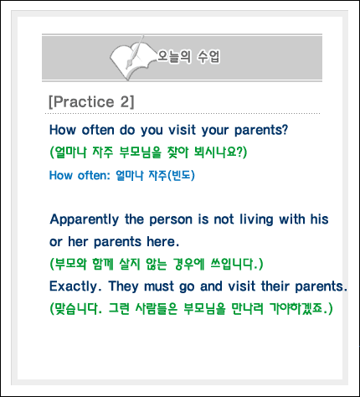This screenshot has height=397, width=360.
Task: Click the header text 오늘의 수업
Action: pos(188,57)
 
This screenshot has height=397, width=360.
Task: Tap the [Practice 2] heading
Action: pos(91,102)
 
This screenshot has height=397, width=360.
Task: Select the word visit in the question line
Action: pos(182,130)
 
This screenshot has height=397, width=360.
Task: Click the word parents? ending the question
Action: pos(261,131)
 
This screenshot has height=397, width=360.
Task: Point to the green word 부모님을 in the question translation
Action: pos(141,152)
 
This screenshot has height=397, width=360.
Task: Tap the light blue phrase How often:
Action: pos(80,176)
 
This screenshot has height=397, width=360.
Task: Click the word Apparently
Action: pos(85,220)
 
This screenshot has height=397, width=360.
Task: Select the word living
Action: pos(256,220)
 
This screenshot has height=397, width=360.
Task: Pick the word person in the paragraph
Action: pos(171,220)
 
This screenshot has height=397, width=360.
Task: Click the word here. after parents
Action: pos(163,242)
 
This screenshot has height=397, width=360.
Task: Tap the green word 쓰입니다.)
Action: pos(237,264)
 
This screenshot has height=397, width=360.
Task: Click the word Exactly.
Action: pos(75,286)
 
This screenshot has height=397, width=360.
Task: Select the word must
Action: pos(159,286)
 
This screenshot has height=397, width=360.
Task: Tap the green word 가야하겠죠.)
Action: pos(301,308)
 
